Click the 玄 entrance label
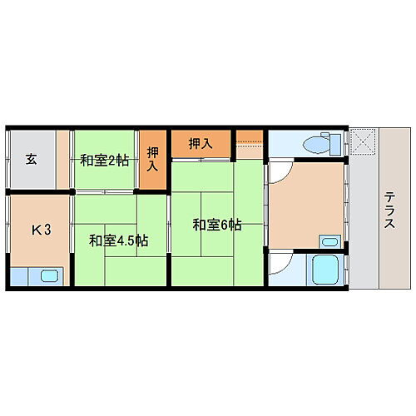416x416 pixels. point(31,159)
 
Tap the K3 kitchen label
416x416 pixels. point(42,229)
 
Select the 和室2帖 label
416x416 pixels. point(104,160)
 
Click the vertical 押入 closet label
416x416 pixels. point(152,159)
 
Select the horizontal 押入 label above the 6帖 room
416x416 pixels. point(200,143)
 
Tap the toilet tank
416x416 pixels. point(336,143)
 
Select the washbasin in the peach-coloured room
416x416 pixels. point(329,242)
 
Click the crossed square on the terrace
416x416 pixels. point(363,141)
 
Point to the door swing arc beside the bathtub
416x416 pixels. point(280,265)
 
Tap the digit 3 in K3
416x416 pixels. point(48,229)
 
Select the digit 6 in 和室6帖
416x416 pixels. point(225,224)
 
